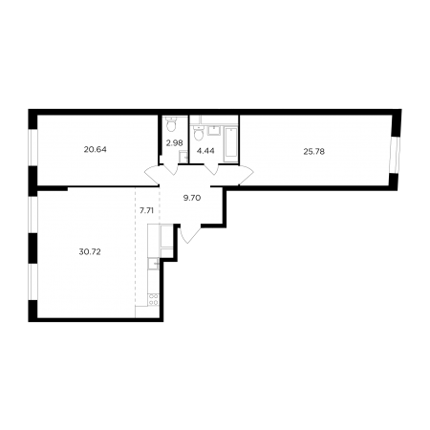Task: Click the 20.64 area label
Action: click(96, 149)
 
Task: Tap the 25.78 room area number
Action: click(314, 152)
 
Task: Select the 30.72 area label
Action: click(90, 252)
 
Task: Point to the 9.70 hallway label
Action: click(192, 198)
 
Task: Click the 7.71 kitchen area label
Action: click(147, 210)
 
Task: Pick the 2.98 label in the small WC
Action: click(175, 143)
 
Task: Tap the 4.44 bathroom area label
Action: click(205, 151)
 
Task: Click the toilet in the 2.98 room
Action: click(172, 124)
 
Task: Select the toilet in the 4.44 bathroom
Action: click(199, 133)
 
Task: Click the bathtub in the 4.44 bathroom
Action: click(231, 145)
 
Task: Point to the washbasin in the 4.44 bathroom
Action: click(214, 130)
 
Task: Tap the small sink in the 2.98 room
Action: click(183, 157)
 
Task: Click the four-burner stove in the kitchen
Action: click(154, 300)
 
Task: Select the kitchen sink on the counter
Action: click(154, 264)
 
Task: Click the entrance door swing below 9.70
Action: click(188, 234)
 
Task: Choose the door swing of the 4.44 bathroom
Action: click(211, 168)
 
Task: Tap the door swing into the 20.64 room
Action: click(152, 175)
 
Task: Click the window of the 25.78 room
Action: click(396, 155)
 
